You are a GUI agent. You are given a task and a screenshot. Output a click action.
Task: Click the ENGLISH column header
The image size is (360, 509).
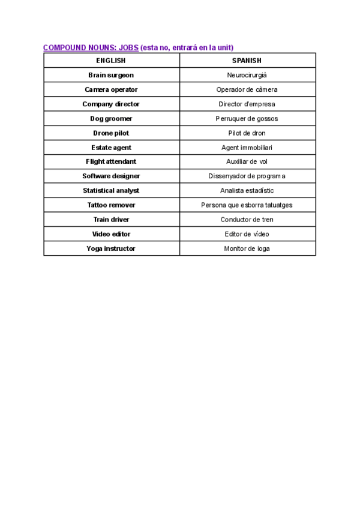tap(111, 61)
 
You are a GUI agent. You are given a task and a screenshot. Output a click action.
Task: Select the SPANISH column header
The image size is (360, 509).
tap(247, 61)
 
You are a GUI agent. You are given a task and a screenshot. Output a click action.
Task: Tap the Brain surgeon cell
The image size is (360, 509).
tap(111, 75)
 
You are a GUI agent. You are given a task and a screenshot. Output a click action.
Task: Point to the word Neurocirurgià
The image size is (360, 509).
tap(247, 75)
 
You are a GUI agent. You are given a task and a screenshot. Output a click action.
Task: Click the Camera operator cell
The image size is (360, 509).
tap(111, 89)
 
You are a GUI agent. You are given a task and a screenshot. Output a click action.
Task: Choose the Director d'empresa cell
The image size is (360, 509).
tap(247, 104)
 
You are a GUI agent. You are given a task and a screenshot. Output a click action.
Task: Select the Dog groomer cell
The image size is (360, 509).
tap(111, 118)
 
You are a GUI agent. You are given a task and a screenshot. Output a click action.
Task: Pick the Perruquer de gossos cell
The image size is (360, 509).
tap(247, 118)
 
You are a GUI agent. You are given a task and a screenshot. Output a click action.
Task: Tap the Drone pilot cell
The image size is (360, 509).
tap(111, 133)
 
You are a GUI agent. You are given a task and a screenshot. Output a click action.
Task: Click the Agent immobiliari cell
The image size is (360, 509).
tap(247, 147)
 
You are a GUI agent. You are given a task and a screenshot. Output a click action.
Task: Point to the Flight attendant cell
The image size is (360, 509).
tap(111, 161)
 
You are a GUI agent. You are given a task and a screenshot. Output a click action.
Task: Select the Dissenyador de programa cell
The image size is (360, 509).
tap(247, 176)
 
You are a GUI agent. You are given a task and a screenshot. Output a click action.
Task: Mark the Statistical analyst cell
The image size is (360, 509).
tap(111, 190)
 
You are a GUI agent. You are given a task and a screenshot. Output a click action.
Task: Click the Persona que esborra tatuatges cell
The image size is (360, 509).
tap(247, 205)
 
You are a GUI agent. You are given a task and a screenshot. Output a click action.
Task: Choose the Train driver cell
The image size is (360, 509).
tap(111, 220)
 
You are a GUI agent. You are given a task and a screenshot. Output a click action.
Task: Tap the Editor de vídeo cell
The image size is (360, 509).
tap(247, 234)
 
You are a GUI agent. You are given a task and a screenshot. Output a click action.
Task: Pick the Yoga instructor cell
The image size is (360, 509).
tap(111, 248)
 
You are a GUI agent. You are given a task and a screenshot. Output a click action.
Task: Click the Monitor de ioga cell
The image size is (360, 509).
tap(247, 248)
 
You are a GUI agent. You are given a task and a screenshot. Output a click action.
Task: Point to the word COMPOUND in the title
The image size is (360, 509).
tap(64, 47)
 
